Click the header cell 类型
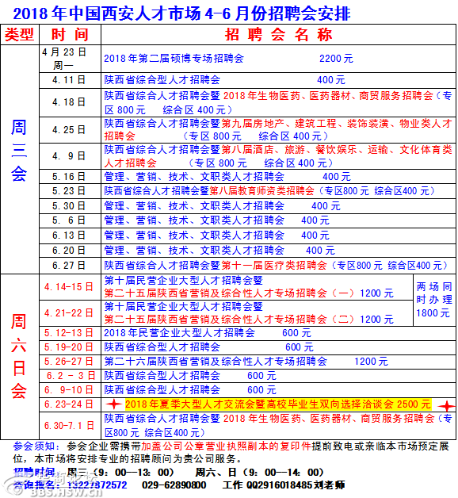tap(20, 35)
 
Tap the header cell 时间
tap(70, 35)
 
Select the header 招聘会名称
tap(265, 35)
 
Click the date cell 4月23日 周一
tap(69, 58)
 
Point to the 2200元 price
tap(336, 59)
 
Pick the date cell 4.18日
tap(69, 102)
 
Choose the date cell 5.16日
tap(69, 177)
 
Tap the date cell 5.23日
tap(69, 191)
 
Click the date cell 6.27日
tap(69, 266)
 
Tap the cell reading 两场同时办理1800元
tap(434, 300)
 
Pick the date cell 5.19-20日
tap(69, 347)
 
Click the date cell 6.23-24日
tap(69, 404)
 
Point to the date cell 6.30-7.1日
tap(69, 426)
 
